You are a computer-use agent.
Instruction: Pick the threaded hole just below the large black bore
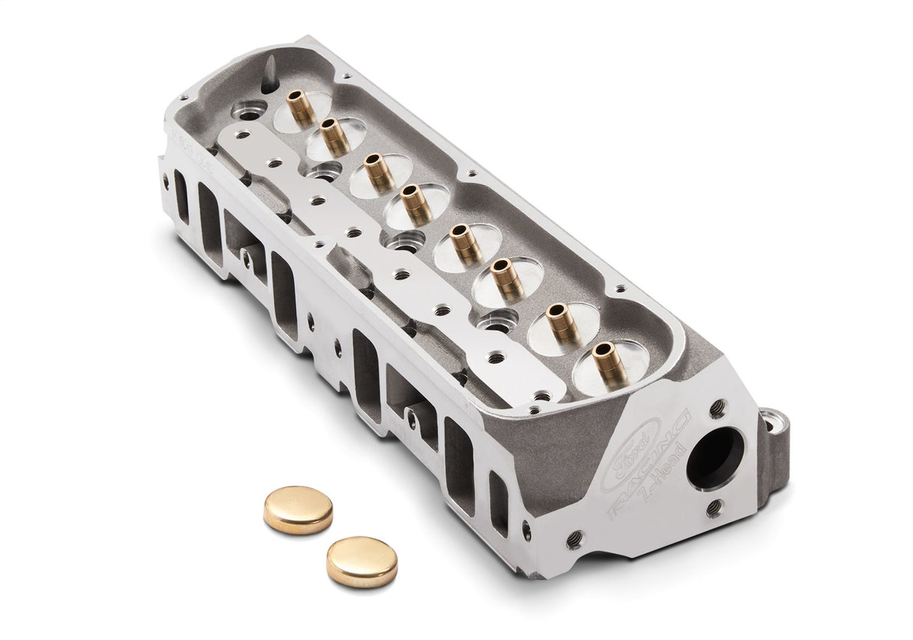(714, 508)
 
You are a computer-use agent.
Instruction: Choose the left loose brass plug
(298, 509)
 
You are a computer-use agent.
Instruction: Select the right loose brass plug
(362, 561)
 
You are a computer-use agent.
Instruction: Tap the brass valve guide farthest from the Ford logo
(302, 109)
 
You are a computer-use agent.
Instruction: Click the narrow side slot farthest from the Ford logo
(181, 197)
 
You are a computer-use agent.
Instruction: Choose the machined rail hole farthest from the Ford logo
(238, 135)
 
